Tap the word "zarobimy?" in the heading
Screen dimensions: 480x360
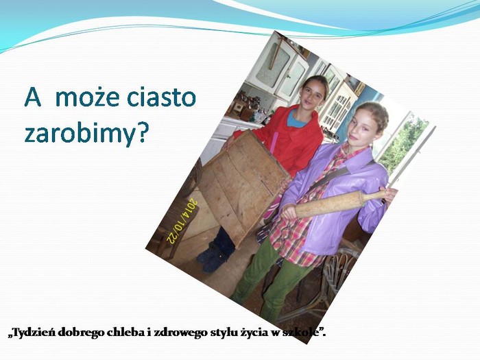(x=86, y=134)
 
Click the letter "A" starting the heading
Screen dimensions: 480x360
(x=32, y=97)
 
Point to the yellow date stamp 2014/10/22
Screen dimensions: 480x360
(x=182, y=221)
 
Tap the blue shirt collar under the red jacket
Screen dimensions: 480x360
(x=296, y=119)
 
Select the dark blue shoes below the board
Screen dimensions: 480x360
(x=211, y=256)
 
